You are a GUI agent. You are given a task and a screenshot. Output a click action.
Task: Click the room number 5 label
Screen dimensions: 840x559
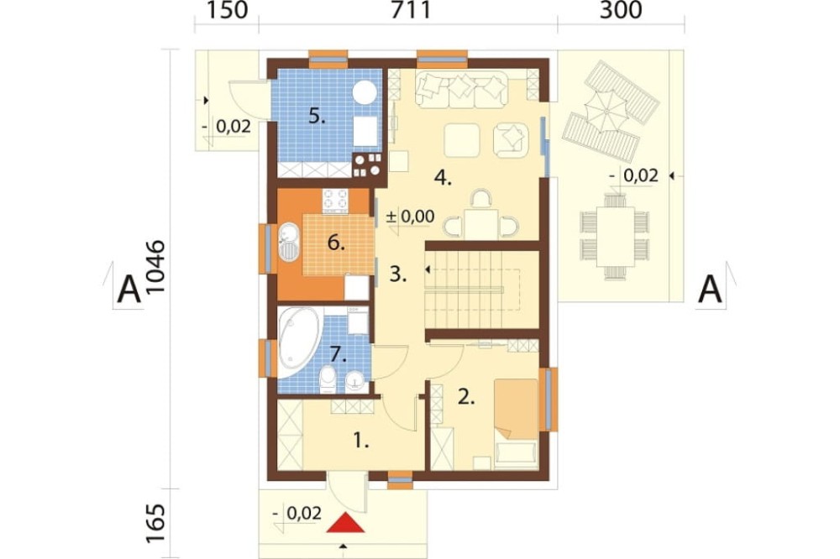pyautogui.click(x=317, y=116)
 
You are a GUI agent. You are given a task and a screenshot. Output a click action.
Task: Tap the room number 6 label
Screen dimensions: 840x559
pyautogui.click(x=336, y=243)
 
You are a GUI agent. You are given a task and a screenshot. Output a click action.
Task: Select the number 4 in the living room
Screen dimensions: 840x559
pyautogui.click(x=443, y=177)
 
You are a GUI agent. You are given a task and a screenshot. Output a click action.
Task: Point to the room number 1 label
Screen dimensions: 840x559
pyautogui.click(x=361, y=441)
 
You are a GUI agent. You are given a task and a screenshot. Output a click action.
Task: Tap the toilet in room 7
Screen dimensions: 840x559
pyautogui.click(x=328, y=379)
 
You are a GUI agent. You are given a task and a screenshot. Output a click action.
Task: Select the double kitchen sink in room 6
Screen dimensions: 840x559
pyautogui.click(x=288, y=242)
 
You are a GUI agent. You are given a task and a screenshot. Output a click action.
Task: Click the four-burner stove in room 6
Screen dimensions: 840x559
pyautogui.click(x=335, y=201)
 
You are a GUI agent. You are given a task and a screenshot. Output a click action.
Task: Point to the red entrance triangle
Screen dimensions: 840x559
pyautogui.click(x=346, y=523)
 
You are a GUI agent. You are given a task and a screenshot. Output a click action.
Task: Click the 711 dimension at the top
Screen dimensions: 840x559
pyautogui.click(x=411, y=10)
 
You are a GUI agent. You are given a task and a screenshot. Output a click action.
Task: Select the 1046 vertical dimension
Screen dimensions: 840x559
pyautogui.click(x=156, y=267)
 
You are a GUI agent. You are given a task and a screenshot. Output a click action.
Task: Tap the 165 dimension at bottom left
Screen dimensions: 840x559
pyautogui.click(x=156, y=523)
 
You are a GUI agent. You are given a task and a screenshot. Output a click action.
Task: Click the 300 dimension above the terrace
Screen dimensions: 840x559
pyautogui.click(x=621, y=10)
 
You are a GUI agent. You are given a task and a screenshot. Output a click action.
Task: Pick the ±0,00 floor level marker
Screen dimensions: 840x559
pyautogui.click(x=411, y=217)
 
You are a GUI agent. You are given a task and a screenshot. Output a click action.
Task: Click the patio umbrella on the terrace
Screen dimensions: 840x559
pyautogui.click(x=606, y=112)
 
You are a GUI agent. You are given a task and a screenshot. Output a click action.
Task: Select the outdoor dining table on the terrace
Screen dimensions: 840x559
pyautogui.click(x=615, y=236)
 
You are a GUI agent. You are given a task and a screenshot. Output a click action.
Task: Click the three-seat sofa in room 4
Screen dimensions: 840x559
pyautogui.click(x=461, y=89)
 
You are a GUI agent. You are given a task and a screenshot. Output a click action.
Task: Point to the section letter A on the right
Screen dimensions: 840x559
pyautogui.click(x=711, y=290)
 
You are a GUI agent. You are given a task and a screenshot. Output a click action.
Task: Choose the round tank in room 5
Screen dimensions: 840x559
pyautogui.click(x=365, y=92)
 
